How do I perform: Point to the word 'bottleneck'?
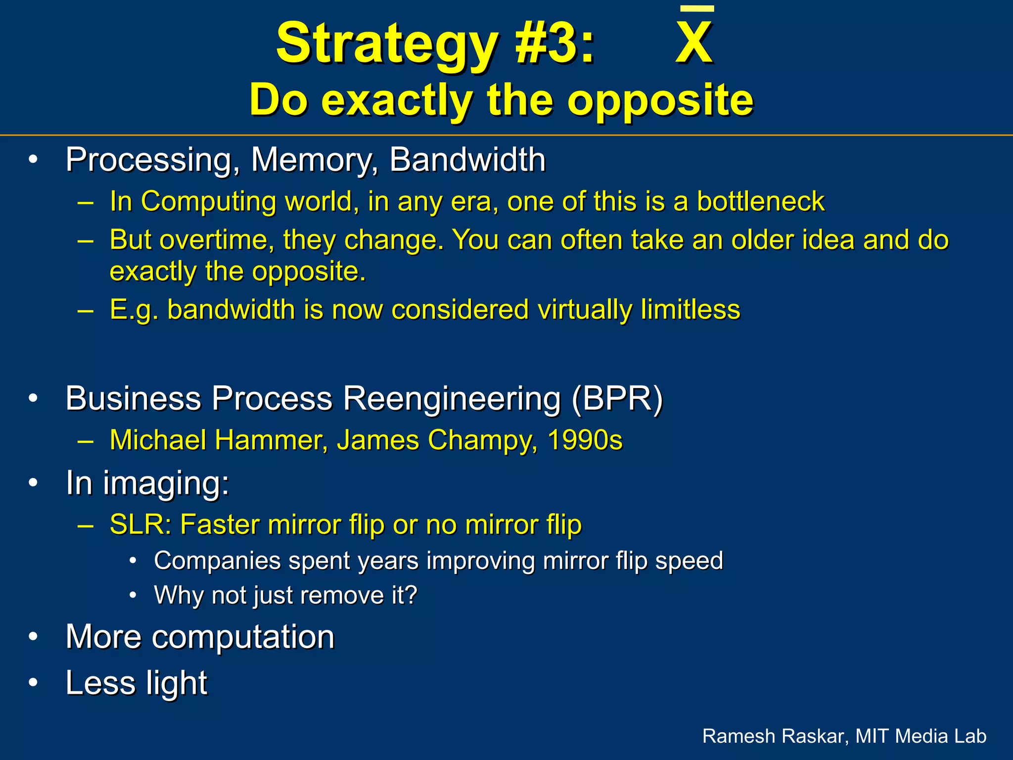pos(760,201)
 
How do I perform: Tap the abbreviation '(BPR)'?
pos(617,398)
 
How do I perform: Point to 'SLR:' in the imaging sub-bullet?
pos(140,524)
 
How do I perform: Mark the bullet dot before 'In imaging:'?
pos(33,483)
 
